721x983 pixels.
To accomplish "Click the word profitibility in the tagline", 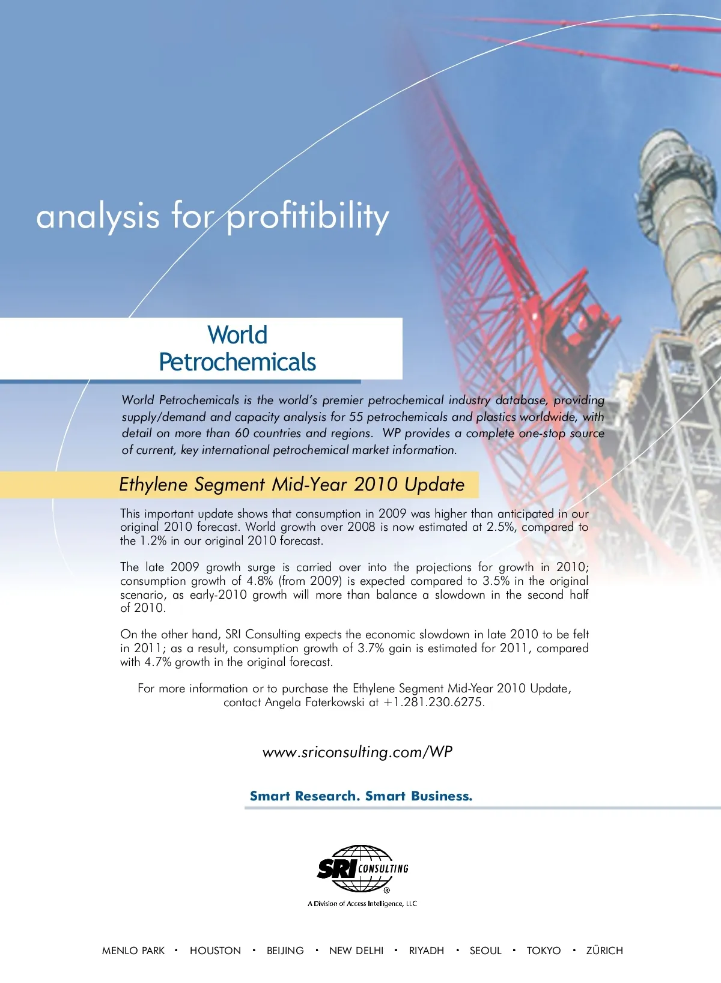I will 308,217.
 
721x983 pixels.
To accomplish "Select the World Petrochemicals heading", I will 237,349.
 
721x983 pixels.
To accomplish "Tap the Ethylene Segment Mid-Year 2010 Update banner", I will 292,485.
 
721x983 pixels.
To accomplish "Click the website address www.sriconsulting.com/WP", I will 357,752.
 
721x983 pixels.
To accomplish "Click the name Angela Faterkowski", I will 315,703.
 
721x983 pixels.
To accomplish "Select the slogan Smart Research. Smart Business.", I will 361,796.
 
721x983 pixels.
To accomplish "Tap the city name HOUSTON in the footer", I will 215,951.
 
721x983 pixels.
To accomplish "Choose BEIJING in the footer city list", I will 285,951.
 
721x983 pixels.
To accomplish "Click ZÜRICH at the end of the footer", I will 604,951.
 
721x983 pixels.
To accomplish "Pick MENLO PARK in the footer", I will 133,951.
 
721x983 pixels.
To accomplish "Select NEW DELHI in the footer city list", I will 356,951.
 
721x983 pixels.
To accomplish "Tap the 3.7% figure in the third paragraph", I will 371,649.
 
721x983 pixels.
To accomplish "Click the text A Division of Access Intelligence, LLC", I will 362,904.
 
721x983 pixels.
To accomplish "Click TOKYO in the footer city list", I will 544,951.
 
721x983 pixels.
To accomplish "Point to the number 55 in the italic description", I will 356,417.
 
